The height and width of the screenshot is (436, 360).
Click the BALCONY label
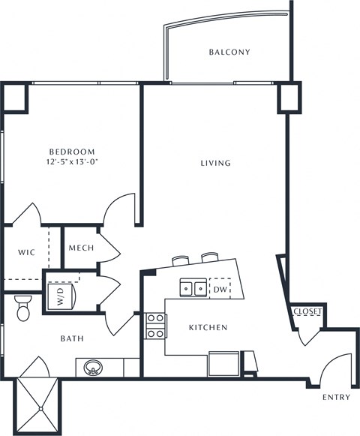coord(229,53)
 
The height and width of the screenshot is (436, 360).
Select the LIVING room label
coord(215,163)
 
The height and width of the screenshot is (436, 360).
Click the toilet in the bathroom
coord(22,305)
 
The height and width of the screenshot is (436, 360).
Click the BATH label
coord(71,338)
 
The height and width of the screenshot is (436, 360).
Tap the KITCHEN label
coord(208,328)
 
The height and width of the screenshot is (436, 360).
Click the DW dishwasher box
coord(219,288)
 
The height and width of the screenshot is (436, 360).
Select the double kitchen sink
coord(193,287)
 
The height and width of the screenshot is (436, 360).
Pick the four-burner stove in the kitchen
coord(156,325)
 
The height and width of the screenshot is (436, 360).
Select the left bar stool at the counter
coord(181,260)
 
